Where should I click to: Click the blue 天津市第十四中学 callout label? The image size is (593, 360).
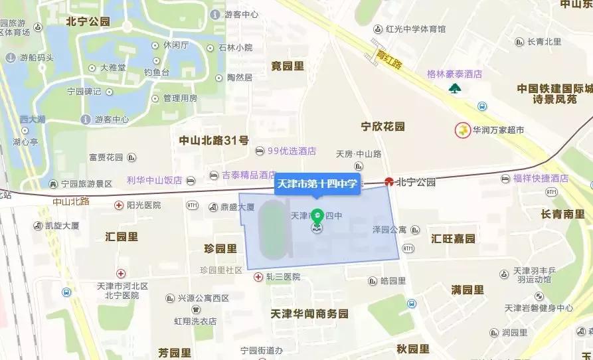click(317, 184)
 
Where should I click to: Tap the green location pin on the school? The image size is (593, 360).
click(317, 217)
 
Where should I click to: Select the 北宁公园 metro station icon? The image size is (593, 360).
click(388, 181)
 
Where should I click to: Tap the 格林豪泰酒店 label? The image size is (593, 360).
click(454, 74)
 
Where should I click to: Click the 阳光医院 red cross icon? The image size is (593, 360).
click(118, 205)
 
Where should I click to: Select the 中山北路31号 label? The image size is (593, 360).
click(214, 140)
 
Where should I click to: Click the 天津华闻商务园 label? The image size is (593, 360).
click(309, 313)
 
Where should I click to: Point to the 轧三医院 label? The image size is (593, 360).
click(284, 277)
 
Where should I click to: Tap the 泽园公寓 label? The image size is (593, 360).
click(389, 230)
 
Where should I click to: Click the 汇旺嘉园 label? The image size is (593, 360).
click(453, 238)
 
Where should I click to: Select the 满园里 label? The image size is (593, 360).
click(467, 290)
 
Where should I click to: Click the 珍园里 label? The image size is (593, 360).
click(220, 248)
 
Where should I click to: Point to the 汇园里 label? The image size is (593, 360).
click(122, 236)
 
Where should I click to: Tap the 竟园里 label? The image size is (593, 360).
click(287, 66)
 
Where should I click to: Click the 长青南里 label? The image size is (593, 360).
click(562, 214)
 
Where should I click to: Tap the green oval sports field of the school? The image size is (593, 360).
click(270, 230)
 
